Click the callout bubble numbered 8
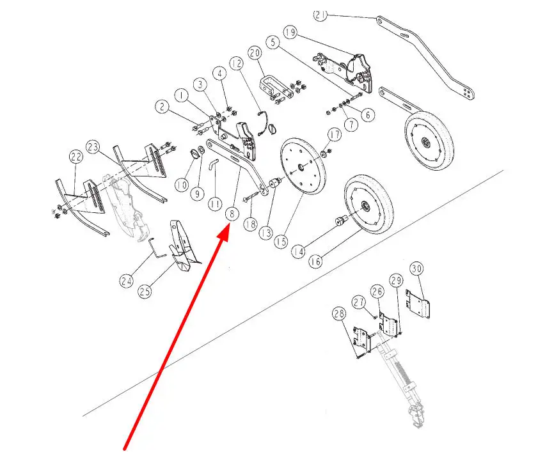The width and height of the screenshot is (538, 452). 232,214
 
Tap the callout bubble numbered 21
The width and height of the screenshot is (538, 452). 320,15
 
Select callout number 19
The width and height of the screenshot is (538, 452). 290,32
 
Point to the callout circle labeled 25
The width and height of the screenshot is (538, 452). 145,292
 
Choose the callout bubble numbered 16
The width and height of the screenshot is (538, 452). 315,261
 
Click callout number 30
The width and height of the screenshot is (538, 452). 416,269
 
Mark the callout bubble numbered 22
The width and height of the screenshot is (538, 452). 76,157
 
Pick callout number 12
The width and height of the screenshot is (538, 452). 237,63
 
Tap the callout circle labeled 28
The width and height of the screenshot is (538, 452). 339,313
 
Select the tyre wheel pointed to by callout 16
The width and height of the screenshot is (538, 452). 369,205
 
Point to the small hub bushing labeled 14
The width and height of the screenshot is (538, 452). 341,221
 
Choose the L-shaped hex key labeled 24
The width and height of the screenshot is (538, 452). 154,247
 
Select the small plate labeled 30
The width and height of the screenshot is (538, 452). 418,304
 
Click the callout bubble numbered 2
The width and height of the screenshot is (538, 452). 162,107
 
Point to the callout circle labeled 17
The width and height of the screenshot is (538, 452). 335,135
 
